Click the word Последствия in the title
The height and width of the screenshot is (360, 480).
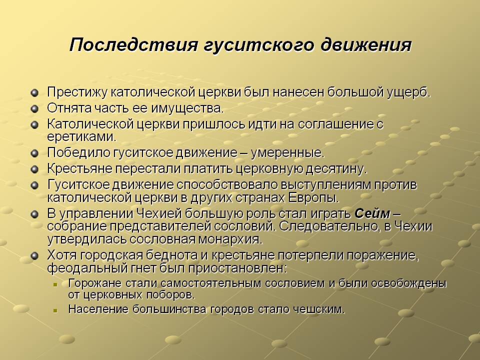pos(134,44)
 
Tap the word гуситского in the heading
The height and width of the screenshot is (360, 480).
pos(259,45)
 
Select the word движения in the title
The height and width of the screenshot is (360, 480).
pos(365,44)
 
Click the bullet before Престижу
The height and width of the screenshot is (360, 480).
pos(35,92)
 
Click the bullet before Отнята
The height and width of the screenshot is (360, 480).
pos(35,108)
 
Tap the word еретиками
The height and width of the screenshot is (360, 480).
pos(81,136)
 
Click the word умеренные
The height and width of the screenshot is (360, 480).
pos(287,153)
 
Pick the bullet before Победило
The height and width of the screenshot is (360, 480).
pos(35,153)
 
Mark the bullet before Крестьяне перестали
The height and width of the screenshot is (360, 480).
pos(35,169)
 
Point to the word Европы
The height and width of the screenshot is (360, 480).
pos(313,198)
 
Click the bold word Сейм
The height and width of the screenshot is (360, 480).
pos(372,213)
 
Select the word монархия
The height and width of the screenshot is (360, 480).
pos(230,239)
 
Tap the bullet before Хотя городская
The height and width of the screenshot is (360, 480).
pos(35,255)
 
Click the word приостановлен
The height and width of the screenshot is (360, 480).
pos(237,268)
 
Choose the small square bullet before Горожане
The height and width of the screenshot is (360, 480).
pos(55,284)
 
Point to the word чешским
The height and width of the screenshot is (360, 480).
pos(319,309)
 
